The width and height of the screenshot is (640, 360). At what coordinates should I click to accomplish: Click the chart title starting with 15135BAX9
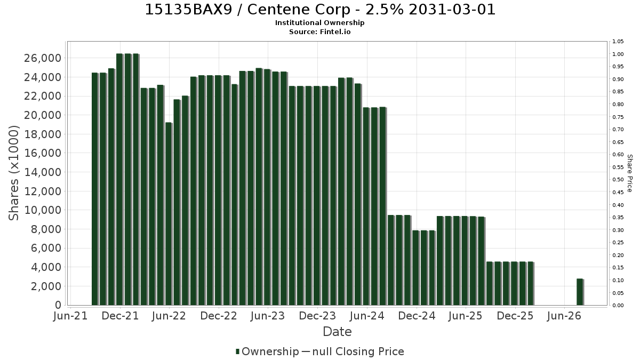pyautogui.click(x=320, y=10)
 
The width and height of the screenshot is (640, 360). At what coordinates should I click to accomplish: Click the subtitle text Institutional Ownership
pyautogui.click(x=319, y=23)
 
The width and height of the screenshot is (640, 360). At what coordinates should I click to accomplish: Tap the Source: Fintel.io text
pyautogui.click(x=319, y=31)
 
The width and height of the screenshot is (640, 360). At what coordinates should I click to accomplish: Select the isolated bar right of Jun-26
pyautogui.click(x=580, y=292)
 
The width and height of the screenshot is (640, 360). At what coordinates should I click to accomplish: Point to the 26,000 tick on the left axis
pyautogui.click(x=43, y=58)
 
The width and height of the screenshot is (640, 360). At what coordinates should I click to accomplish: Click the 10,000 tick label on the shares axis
pyautogui.click(x=43, y=210)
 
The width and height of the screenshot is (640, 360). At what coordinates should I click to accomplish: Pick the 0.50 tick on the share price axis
pyautogui.click(x=618, y=179)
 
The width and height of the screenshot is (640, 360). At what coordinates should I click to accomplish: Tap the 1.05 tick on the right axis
pyautogui.click(x=618, y=42)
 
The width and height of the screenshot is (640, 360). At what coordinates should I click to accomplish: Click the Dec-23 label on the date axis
pyautogui.click(x=317, y=316)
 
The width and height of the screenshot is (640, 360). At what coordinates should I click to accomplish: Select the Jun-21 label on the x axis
pyautogui.click(x=70, y=316)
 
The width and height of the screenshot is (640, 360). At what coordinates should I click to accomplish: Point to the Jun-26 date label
pyautogui.click(x=564, y=316)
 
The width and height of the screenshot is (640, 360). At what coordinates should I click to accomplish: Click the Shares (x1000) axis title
pyautogui.click(x=14, y=173)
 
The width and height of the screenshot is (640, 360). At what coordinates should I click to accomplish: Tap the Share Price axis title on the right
pyautogui.click(x=629, y=173)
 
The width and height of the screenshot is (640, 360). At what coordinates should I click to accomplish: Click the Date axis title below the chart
pyautogui.click(x=337, y=332)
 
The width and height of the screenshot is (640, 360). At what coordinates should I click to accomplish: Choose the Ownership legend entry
pyautogui.click(x=267, y=351)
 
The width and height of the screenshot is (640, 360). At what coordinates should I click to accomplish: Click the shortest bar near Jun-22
pyautogui.click(x=169, y=214)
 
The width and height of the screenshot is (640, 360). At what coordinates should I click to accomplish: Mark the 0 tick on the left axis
pyautogui.click(x=58, y=305)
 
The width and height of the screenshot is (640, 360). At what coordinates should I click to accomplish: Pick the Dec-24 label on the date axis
pyautogui.click(x=417, y=316)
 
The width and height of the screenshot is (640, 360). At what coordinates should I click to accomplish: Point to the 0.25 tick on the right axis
pyautogui.click(x=618, y=243)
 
